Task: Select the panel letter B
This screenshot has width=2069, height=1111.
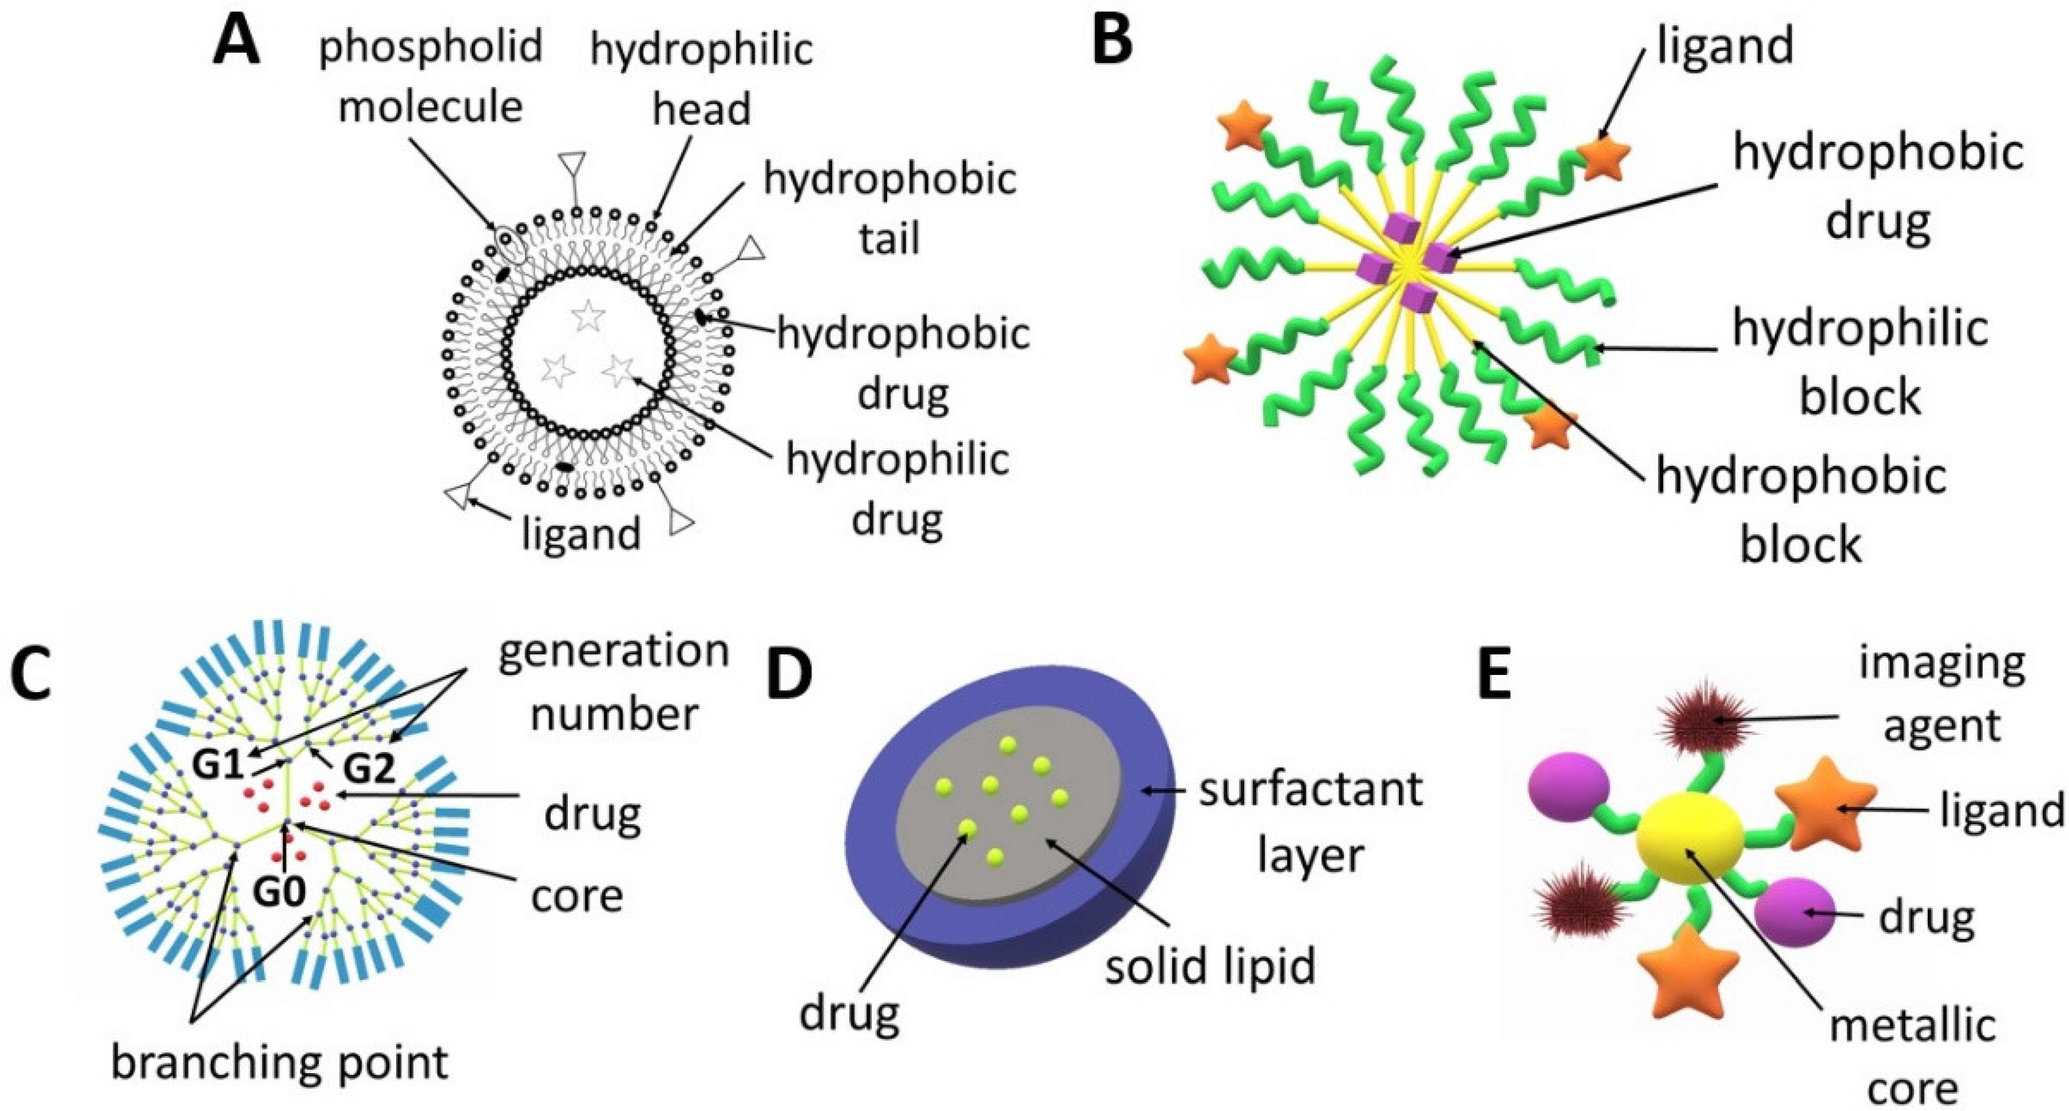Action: pyautogui.click(x=1112, y=40)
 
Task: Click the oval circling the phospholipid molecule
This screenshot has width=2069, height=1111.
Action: pyautogui.click(x=512, y=245)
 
